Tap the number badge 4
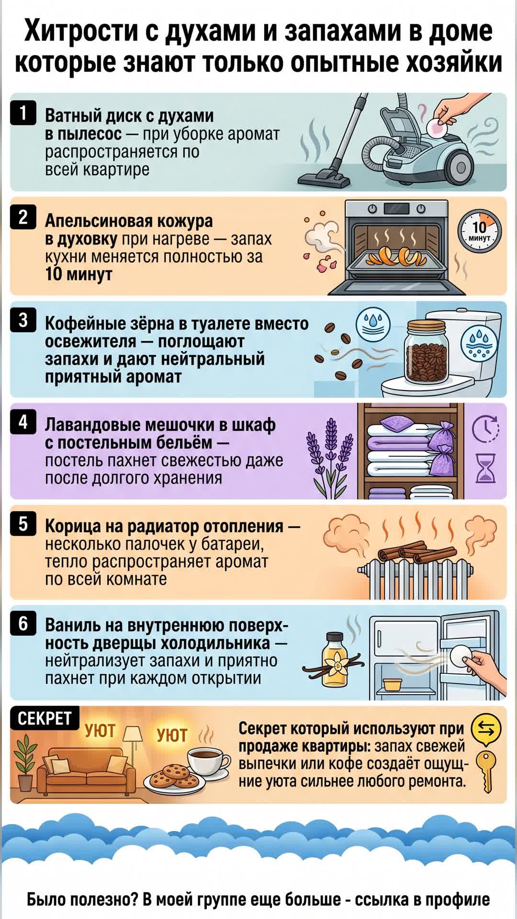tap(23, 422)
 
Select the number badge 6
tap(23, 624)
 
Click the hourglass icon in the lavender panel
tap(485, 468)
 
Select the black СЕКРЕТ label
tap(45, 718)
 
